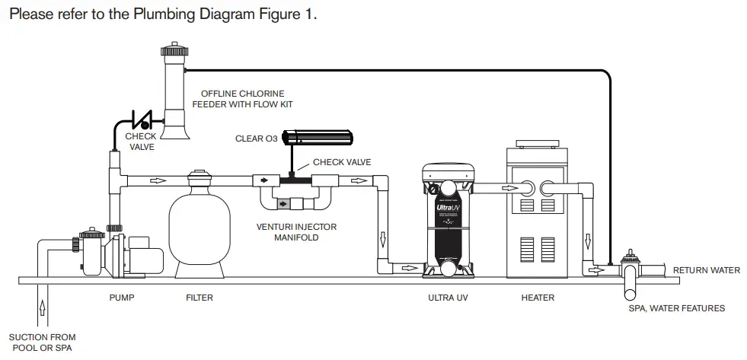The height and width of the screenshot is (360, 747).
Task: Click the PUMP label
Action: pos(122,298)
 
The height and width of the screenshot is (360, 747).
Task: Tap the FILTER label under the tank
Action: pos(200,298)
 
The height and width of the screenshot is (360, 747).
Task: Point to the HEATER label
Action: pos(538,298)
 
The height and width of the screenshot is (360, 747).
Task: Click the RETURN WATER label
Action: pos(707,270)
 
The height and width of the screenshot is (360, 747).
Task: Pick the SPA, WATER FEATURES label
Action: pos(676,308)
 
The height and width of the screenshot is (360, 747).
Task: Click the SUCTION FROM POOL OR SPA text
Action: pos(42,342)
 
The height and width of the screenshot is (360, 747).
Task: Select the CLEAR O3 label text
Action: pos(256,139)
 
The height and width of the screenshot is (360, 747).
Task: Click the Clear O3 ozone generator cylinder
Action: pos(318,138)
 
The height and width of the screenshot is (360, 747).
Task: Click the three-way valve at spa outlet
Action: pos(630,270)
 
